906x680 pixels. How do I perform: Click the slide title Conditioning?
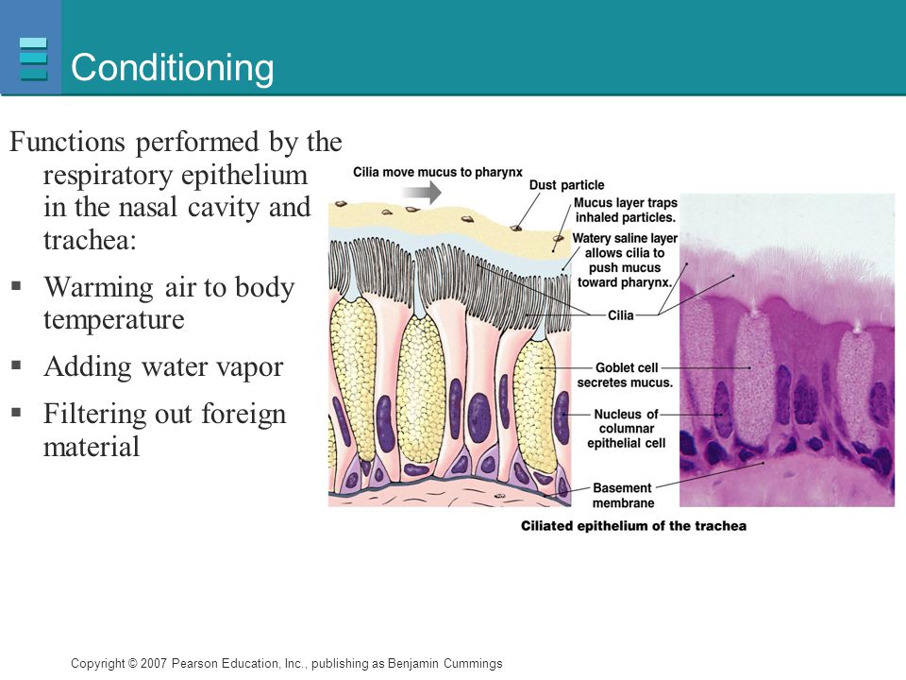[172, 68]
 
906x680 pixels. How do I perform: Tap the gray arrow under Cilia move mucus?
[422, 193]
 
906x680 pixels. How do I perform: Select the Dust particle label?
[566, 185]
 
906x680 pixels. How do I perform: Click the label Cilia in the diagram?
[621, 315]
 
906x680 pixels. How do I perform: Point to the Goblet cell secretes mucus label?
[625, 375]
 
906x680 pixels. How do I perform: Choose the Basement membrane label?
[623, 496]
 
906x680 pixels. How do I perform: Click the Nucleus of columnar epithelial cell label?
[627, 429]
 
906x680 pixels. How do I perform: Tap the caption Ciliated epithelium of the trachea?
[633, 526]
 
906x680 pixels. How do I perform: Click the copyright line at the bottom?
[287, 663]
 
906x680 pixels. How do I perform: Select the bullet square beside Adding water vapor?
[16, 365]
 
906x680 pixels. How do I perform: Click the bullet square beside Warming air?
[16, 285]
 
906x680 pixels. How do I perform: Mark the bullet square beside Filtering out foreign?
[16, 413]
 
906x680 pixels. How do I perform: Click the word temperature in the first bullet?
[114, 320]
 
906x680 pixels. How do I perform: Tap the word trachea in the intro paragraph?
[90, 240]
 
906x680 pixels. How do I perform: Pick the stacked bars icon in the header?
[33, 59]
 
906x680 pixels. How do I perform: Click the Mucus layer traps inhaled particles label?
[625, 210]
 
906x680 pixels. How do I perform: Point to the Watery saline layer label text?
[625, 261]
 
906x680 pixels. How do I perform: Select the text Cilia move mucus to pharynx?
[437, 172]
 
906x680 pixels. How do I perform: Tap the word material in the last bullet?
[92, 447]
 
